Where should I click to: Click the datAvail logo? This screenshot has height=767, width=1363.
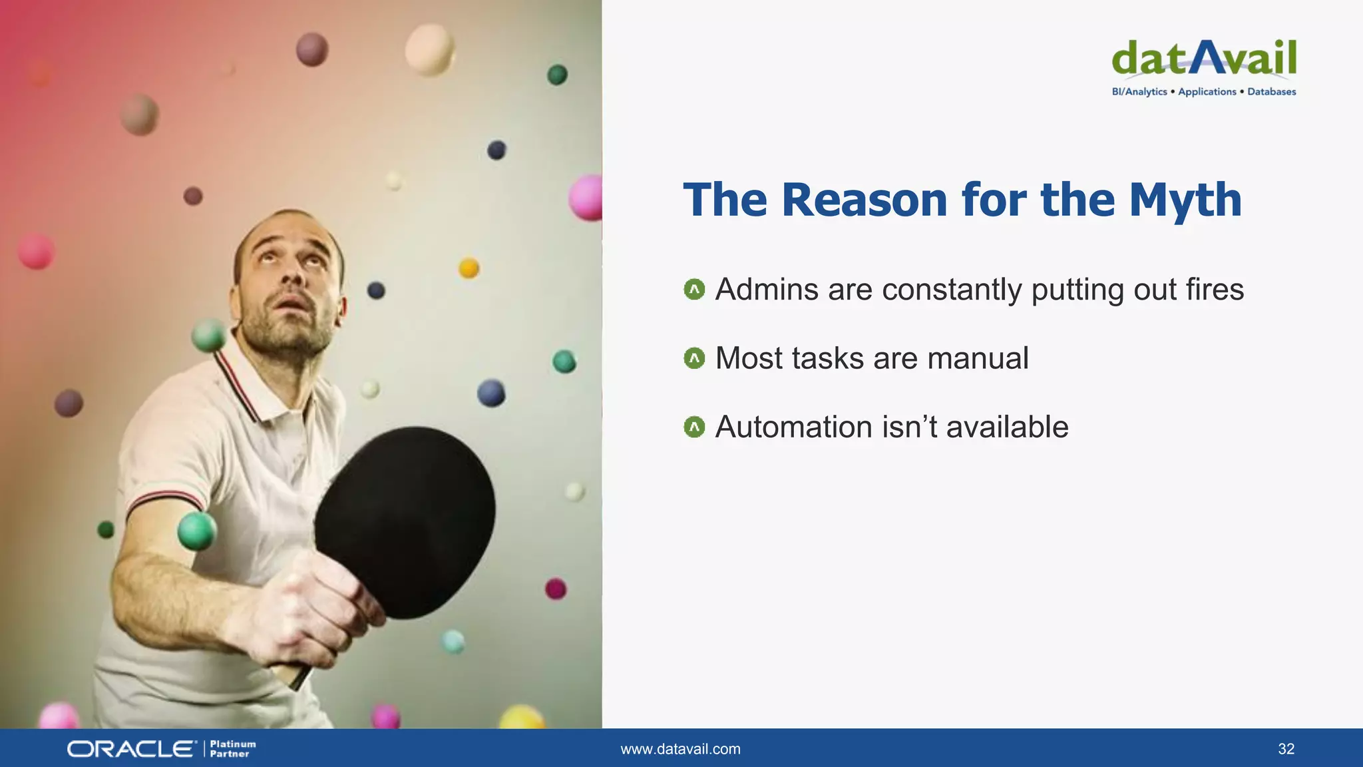pos(1203,59)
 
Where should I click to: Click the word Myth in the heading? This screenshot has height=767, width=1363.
pos(1185,200)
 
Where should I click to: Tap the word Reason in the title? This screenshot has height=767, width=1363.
pos(864,200)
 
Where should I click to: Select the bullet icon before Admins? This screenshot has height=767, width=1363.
pos(694,290)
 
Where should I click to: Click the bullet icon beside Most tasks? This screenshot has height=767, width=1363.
pos(694,359)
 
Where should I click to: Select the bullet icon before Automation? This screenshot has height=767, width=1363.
pos(694,427)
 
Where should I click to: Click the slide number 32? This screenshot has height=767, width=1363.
pos(1286,749)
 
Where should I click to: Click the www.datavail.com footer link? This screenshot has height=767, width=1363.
pos(680,749)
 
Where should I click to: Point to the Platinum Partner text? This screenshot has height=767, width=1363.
pos(232,749)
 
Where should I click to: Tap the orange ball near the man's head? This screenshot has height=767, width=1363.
pos(469,268)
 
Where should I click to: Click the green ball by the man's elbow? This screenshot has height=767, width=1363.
pos(197,531)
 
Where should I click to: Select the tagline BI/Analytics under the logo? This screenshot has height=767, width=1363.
pos(1139,92)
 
